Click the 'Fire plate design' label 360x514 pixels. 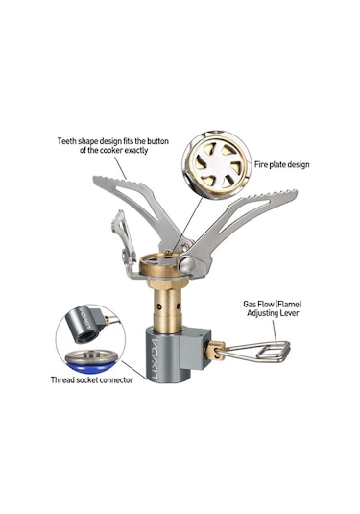pyautogui.click(x=281, y=164)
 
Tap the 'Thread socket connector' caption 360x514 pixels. pyautogui.click(x=92, y=379)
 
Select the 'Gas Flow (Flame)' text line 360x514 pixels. pyautogui.click(x=273, y=304)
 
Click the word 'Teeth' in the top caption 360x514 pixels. pyautogui.click(x=67, y=141)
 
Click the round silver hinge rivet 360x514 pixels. pyautogui.click(x=187, y=264)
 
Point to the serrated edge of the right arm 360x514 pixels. pyautogui.click(x=270, y=194)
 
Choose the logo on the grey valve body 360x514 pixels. pyautogui.click(x=155, y=359)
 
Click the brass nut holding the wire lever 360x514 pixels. pyautogui.click(x=213, y=350)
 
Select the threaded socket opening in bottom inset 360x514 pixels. pyautogui.click(x=86, y=335)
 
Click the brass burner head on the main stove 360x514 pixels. pyautogui.click(x=159, y=265)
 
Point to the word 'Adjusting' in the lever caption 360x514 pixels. pyautogui.click(x=262, y=314)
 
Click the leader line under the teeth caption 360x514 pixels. pyautogui.click(x=120, y=167)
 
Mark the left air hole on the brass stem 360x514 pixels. pyautogui.click(x=158, y=306)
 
